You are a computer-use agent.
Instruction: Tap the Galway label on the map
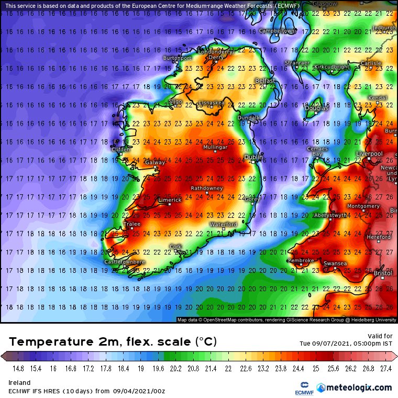[x=154, y=163]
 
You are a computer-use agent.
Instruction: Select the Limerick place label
[x=170, y=200]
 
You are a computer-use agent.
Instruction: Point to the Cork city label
[x=175, y=246]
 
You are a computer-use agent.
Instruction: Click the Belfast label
[x=265, y=81]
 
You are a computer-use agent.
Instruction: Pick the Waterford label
[x=224, y=224]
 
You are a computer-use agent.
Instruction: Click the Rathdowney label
[x=206, y=188]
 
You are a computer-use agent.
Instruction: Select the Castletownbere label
[x=125, y=261]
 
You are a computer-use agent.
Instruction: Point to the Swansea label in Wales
[x=335, y=263]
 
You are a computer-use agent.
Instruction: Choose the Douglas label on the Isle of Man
[x=316, y=108]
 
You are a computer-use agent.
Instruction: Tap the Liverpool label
[x=370, y=153]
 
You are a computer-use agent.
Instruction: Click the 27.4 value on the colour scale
[x=386, y=369]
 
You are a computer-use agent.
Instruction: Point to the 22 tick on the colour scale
[x=228, y=369]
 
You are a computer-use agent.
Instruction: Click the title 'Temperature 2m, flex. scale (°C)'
[x=113, y=342]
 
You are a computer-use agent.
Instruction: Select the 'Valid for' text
[x=380, y=336]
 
